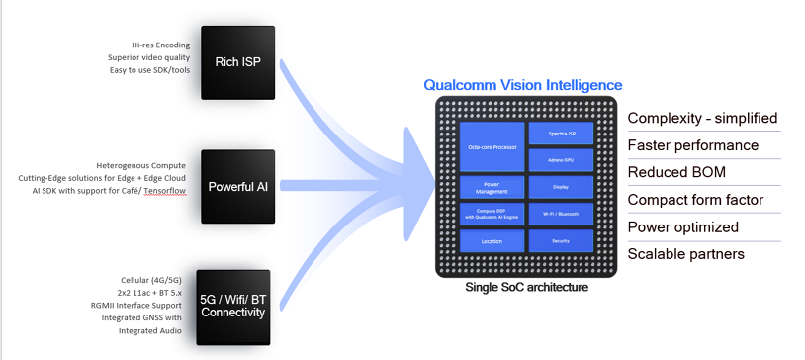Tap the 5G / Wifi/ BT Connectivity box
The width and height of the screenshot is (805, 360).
pos(232,306)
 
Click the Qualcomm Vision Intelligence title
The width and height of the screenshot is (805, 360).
pos(523,85)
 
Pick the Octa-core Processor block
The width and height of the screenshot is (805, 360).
pos(492,145)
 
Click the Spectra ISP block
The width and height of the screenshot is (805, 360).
pos(561,134)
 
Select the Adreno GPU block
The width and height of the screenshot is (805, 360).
pos(561,159)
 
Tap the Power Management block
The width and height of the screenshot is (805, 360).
pos(492,187)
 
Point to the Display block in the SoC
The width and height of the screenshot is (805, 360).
pos(561,187)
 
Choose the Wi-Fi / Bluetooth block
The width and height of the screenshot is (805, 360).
pos(561,214)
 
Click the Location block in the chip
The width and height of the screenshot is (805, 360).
pos(492,240)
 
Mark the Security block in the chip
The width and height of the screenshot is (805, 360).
pos(561,240)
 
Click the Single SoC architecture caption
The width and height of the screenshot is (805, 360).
pos(526,287)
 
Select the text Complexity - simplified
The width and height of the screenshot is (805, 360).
pos(702,119)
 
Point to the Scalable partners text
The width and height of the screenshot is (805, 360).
pos(686,254)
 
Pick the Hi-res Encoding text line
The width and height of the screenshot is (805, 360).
pos(163,45)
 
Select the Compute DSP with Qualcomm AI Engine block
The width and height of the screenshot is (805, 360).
pos(492,214)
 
